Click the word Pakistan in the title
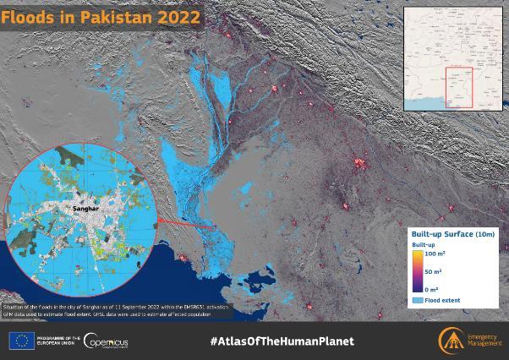coord(118,17)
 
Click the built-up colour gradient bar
coord(419,270)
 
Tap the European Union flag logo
coord(21,341)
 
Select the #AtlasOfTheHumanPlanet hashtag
coord(282,341)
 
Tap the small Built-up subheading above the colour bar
coord(424,244)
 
